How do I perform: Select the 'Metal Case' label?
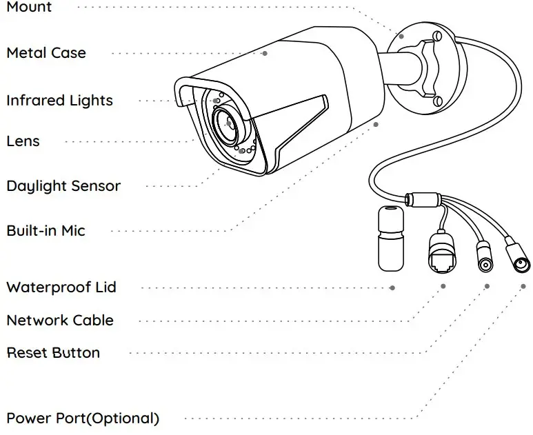pyautogui.click(x=46, y=52)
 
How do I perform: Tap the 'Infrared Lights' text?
pyautogui.click(x=59, y=101)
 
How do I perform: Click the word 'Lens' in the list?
pyautogui.click(x=23, y=141)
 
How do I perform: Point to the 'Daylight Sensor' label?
pyautogui.click(x=63, y=186)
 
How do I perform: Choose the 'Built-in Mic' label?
pyautogui.click(x=46, y=230)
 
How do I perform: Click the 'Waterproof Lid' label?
pyautogui.click(x=61, y=287)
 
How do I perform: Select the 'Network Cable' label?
pyautogui.click(x=60, y=321)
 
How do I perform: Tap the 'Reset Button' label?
pyautogui.click(x=53, y=353)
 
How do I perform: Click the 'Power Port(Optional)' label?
pyautogui.click(x=83, y=418)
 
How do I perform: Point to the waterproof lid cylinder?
pyautogui.click(x=391, y=238)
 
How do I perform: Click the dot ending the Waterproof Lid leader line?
pyautogui.click(x=392, y=287)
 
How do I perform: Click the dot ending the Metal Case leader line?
pyautogui.click(x=265, y=52)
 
